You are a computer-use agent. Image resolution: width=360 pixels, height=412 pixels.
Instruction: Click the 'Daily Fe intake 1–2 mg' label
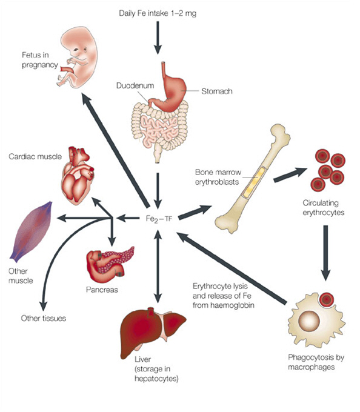(158, 13)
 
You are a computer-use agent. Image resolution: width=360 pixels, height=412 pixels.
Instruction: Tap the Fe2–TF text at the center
(159, 219)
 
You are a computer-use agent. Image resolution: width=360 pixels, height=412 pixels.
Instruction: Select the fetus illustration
(77, 57)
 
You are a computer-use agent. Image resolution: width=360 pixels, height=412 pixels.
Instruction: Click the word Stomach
(217, 91)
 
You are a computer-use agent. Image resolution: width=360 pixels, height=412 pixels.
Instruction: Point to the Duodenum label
(135, 85)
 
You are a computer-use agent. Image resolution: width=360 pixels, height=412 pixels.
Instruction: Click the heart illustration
(77, 176)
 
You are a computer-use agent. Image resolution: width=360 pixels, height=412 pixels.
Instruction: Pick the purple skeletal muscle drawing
(31, 231)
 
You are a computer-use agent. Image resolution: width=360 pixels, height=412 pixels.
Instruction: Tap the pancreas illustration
(110, 264)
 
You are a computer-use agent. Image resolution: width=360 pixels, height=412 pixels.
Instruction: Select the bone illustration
(253, 179)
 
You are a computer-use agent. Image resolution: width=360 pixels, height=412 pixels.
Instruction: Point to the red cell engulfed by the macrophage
(326, 299)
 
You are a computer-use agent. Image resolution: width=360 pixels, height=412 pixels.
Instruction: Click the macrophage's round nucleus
(309, 321)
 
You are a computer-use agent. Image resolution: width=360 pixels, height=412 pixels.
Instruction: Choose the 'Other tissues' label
(44, 319)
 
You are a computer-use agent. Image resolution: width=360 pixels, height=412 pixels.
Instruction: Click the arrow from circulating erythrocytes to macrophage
(325, 253)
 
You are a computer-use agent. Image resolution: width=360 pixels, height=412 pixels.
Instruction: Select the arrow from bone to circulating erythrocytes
(290, 175)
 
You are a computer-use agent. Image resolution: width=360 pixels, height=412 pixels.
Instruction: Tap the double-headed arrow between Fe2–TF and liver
(158, 266)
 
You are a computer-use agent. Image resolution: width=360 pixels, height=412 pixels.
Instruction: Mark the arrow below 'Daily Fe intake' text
(158, 38)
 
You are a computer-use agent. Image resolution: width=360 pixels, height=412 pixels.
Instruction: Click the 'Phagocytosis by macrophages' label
(316, 362)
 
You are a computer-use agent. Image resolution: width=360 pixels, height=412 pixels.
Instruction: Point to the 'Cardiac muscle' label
(35, 156)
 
